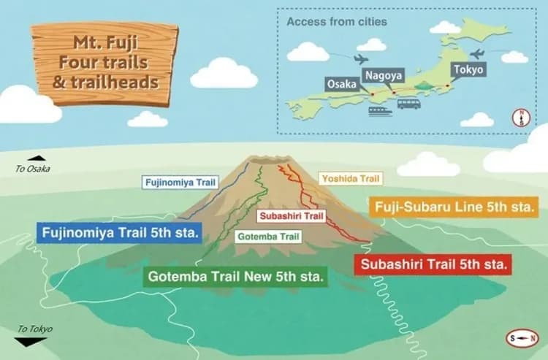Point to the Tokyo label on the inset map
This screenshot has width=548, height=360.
click(x=468, y=70)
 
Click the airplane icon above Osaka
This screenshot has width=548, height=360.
click(x=360, y=58)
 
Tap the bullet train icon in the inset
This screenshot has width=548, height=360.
click(x=380, y=112)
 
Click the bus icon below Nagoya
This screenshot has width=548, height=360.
click(x=408, y=104)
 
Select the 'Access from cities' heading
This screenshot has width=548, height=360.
click(x=337, y=21)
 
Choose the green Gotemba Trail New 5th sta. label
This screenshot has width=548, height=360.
click(x=237, y=277)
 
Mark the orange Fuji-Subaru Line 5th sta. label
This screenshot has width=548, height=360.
click(x=453, y=207)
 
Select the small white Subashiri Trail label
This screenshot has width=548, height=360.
click(x=291, y=216)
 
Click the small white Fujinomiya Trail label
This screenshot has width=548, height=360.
click(x=180, y=182)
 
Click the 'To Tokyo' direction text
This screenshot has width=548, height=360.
click(x=34, y=329)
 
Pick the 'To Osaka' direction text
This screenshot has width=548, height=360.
click(x=34, y=169)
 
